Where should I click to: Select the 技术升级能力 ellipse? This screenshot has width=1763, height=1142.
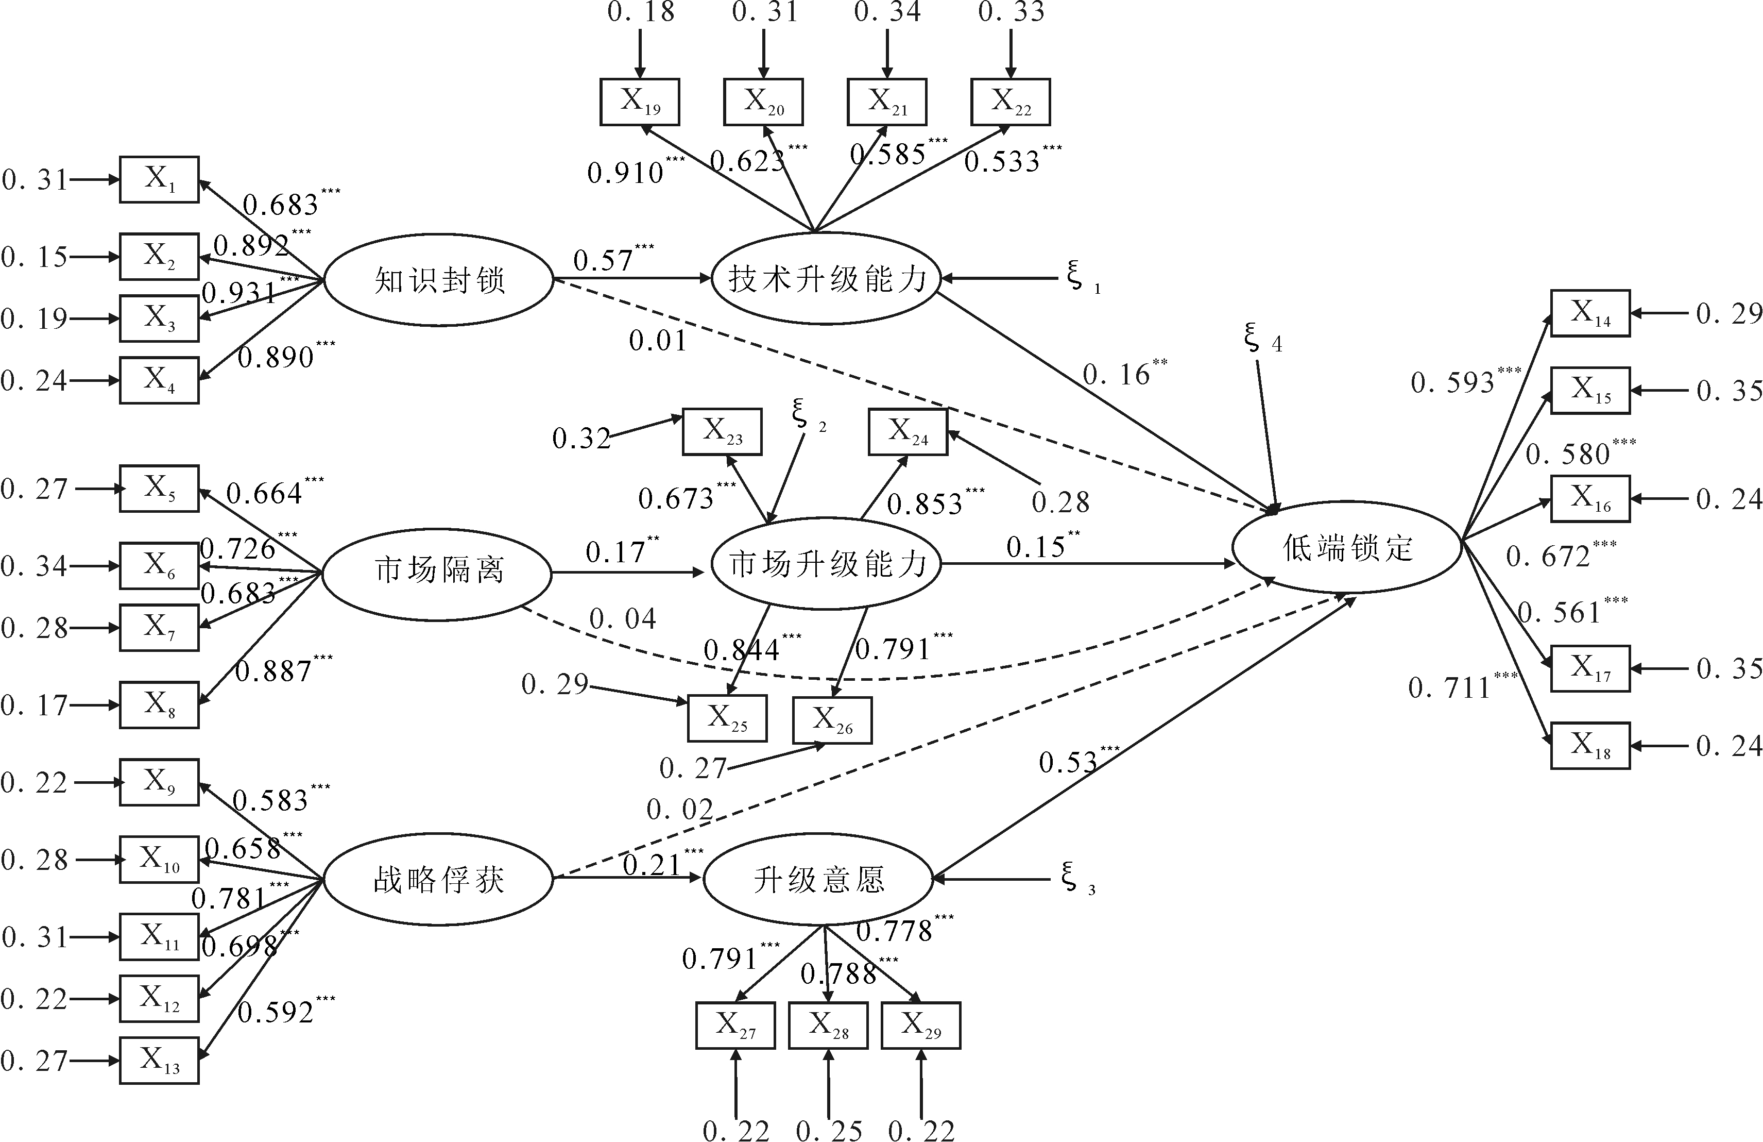pos(826,279)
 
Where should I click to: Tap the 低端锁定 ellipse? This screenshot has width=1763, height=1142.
pos(1347,548)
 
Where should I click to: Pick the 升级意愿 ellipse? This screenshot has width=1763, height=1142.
pos(818,880)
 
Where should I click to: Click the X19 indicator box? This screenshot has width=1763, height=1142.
pos(640,102)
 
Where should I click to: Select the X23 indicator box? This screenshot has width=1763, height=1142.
pos(722,431)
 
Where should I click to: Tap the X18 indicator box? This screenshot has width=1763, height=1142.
pos(1590,746)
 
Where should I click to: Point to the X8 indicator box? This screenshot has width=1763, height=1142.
pos(159,705)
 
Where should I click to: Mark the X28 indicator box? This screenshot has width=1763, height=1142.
pos(828,1026)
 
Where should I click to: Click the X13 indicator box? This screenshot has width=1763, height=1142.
pos(159,1061)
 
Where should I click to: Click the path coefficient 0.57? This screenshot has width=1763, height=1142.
pos(603,260)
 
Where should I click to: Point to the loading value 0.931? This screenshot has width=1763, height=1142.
pos(238,293)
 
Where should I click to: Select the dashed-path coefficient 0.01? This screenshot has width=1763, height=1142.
pos(658,341)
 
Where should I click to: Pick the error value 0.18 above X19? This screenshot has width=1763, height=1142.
pos(641,12)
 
